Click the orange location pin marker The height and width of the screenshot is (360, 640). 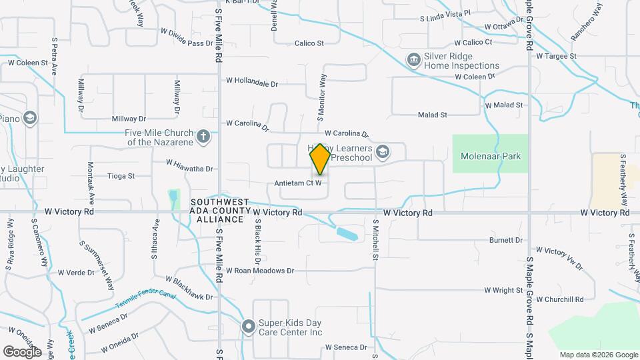[x=320, y=159]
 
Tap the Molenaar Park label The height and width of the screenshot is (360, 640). [x=490, y=156]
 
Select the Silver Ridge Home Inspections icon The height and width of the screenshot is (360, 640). [x=413, y=61]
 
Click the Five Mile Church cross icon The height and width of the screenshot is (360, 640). [x=204, y=137]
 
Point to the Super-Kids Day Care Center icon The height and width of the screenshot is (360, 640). [x=249, y=327]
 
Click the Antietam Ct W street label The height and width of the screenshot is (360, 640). [x=299, y=183]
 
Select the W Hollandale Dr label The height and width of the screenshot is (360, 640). [x=251, y=84]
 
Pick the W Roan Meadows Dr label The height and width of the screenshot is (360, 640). [x=259, y=271]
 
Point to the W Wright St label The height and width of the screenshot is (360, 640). [x=503, y=290]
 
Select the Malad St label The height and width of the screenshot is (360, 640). [x=432, y=115]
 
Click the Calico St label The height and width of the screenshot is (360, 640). [x=309, y=43]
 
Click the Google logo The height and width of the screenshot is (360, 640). [x=22, y=351]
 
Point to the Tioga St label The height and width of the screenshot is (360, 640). [x=121, y=177]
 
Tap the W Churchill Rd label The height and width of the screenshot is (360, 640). [x=560, y=299]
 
